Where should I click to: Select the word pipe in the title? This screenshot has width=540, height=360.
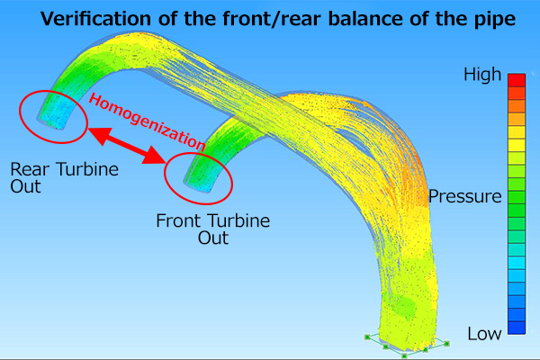click(x=493, y=20)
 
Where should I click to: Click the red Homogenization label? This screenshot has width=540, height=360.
click(x=147, y=122)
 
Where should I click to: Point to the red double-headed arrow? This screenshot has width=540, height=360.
click(x=127, y=146)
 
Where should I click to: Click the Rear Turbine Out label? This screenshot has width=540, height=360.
click(x=64, y=177)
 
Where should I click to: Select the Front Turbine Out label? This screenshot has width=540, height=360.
click(x=212, y=229)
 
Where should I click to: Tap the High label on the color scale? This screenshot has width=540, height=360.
click(x=482, y=75)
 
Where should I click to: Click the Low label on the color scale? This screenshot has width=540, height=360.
click(x=484, y=334)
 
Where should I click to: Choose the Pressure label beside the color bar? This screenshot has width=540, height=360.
click(x=465, y=197)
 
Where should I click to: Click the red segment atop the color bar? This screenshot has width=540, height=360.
click(x=517, y=80)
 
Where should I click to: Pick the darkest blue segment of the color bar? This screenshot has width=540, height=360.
click(x=517, y=328)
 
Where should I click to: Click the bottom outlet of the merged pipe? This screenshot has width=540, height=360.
click(x=407, y=343)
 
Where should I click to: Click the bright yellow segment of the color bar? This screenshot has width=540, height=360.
click(x=517, y=145)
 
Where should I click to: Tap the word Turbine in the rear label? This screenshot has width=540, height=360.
click(x=87, y=169)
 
